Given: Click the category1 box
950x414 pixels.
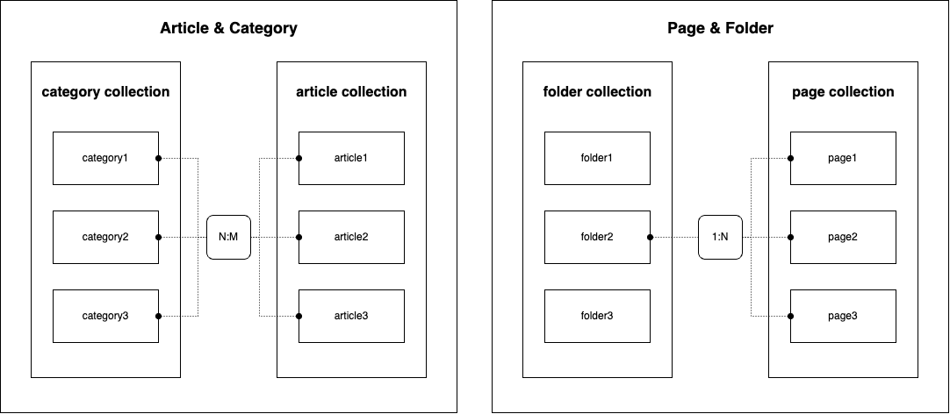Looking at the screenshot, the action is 106,158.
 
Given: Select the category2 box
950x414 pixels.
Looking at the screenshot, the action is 106,238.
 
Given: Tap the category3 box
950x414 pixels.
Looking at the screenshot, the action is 106,316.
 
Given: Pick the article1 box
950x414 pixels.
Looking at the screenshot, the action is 351,158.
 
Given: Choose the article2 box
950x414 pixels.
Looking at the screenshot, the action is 351,238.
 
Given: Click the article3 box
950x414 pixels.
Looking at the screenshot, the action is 351,316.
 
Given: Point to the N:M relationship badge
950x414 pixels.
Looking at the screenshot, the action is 228,238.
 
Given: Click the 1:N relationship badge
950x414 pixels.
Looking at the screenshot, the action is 720,238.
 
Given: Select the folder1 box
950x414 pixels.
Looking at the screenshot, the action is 597,158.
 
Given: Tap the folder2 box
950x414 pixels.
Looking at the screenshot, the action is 597,238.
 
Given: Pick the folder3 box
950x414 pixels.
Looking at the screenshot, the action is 597,316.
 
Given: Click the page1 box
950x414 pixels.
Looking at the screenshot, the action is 843,158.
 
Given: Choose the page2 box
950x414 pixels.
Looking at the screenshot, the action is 843,238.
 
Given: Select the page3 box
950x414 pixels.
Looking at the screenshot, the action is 843,316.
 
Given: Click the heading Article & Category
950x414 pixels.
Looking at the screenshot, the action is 228,28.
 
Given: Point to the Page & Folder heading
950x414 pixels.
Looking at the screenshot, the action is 720,28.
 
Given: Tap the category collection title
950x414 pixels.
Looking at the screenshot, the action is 105,92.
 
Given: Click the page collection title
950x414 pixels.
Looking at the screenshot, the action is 843,92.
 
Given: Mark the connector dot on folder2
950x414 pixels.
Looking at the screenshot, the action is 650,238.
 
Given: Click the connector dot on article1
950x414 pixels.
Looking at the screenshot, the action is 299,158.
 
